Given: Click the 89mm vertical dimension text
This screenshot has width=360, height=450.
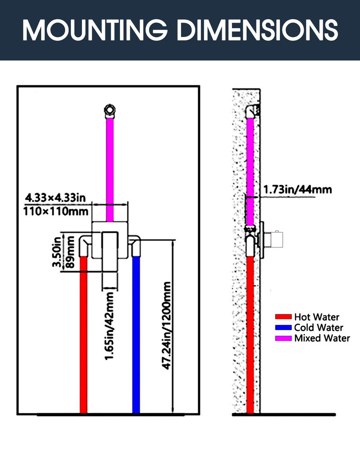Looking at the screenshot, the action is (x=70, y=252).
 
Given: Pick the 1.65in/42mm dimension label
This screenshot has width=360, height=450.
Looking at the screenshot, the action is (x=109, y=325).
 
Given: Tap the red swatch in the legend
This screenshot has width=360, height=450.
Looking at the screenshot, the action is (x=284, y=317).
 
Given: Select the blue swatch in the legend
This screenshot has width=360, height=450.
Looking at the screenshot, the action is (x=284, y=328).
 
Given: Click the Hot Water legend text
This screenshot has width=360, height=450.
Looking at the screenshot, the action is (x=316, y=317).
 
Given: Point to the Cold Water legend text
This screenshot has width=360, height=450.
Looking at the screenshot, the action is (x=318, y=328).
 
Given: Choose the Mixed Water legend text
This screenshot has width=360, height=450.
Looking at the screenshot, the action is (x=322, y=338).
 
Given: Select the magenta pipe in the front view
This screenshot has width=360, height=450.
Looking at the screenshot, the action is (x=110, y=164).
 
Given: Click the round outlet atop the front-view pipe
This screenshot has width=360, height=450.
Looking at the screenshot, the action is (x=110, y=111).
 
